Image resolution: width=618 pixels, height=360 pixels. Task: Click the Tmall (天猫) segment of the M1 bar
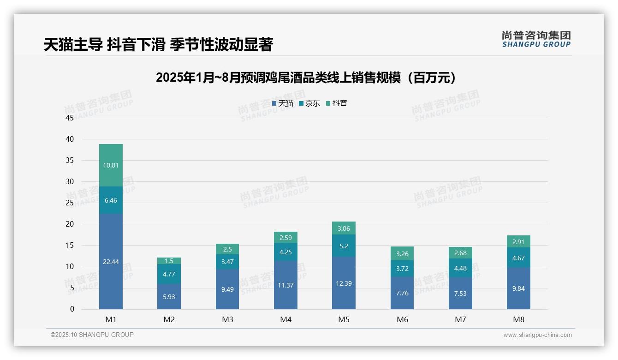111,261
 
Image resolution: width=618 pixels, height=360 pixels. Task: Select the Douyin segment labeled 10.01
111,165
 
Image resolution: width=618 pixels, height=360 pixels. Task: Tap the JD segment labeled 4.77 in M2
169,274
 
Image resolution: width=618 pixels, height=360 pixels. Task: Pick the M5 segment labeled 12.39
344,283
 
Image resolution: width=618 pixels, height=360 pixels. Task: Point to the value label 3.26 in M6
402,253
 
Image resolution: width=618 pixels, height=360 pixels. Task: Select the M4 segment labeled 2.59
285,238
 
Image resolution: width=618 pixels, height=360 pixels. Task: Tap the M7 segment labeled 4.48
460,268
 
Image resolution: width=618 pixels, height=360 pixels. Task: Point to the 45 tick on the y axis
70,118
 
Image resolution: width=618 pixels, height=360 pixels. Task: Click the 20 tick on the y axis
70,224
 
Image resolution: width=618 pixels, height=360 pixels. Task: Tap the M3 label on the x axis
227,319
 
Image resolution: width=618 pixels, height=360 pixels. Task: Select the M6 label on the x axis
402,319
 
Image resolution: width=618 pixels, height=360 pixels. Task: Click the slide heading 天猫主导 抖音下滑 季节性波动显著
158,44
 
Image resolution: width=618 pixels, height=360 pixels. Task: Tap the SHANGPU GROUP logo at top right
536,39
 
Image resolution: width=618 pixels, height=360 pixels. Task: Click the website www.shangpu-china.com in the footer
537,335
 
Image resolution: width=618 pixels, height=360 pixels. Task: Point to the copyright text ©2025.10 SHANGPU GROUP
92,335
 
